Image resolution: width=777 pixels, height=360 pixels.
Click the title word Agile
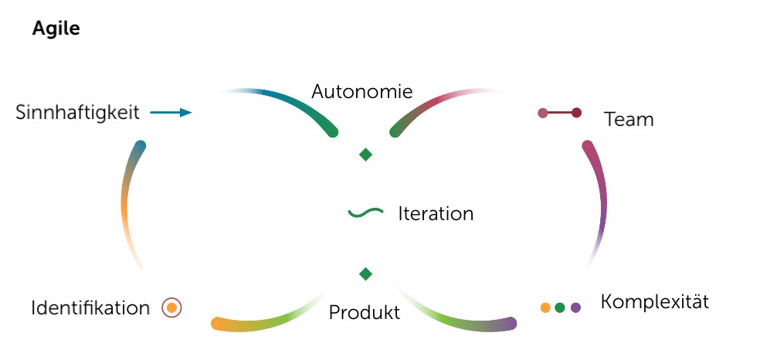point(56,29)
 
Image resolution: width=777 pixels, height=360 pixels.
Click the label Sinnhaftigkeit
point(77,113)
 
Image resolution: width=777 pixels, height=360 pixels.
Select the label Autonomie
point(361,91)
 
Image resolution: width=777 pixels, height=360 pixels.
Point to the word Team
point(629,120)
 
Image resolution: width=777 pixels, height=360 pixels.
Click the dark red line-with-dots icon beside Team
point(559,113)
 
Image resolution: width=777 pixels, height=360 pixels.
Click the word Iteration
point(436,214)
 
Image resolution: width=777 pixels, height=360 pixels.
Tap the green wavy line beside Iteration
point(366,212)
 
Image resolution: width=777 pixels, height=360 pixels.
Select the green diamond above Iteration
point(366,155)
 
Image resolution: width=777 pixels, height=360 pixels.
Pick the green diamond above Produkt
point(366,273)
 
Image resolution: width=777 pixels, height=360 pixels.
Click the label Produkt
point(365,313)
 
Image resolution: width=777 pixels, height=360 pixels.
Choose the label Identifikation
point(90,308)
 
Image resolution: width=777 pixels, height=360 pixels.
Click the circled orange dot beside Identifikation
point(171,307)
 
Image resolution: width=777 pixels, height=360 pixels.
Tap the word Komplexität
point(654,301)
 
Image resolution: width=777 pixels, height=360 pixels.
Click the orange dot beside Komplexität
point(545,307)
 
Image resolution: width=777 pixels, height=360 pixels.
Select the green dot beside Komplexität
point(560,307)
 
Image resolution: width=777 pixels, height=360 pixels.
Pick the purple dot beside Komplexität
point(575,307)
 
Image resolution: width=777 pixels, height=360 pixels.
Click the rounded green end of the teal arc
point(333,132)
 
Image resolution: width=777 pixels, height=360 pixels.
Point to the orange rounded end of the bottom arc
point(217,324)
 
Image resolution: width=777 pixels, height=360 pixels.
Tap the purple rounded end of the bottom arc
point(511,324)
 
